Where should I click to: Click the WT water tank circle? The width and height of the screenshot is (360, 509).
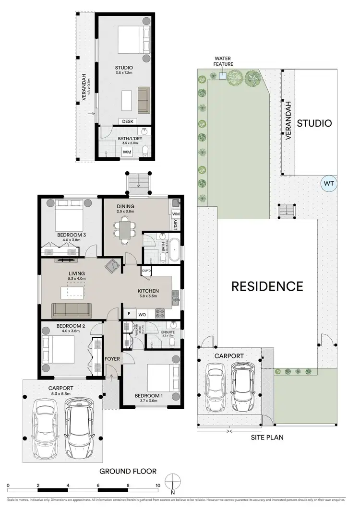329,183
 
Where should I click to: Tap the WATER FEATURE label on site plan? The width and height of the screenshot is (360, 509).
224,61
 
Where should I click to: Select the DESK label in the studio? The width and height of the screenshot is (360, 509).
127,122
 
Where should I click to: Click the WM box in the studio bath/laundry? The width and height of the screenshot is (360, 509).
127,152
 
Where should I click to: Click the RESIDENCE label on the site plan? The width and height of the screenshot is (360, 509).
267,286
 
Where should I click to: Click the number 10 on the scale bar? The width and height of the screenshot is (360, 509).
158,485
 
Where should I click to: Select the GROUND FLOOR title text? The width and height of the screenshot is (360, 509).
128,471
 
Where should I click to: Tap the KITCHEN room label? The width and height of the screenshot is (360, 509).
148,291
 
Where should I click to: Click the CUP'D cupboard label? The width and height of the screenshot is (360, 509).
146,271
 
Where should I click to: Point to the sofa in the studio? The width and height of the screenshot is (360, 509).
144,100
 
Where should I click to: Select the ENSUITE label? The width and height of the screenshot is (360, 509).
168,331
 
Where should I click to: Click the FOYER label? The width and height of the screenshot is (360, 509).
111,358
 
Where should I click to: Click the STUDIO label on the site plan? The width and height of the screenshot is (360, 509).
314,123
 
